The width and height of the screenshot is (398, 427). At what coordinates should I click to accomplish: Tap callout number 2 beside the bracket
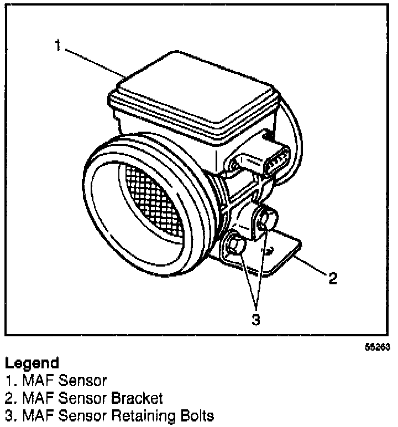tap(333, 278)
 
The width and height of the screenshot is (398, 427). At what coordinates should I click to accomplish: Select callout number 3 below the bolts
tap(255, 320)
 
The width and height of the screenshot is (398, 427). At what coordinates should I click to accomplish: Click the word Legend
tap(32, 363)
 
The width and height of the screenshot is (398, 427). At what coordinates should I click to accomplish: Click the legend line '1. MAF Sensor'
tap(56, 381)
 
